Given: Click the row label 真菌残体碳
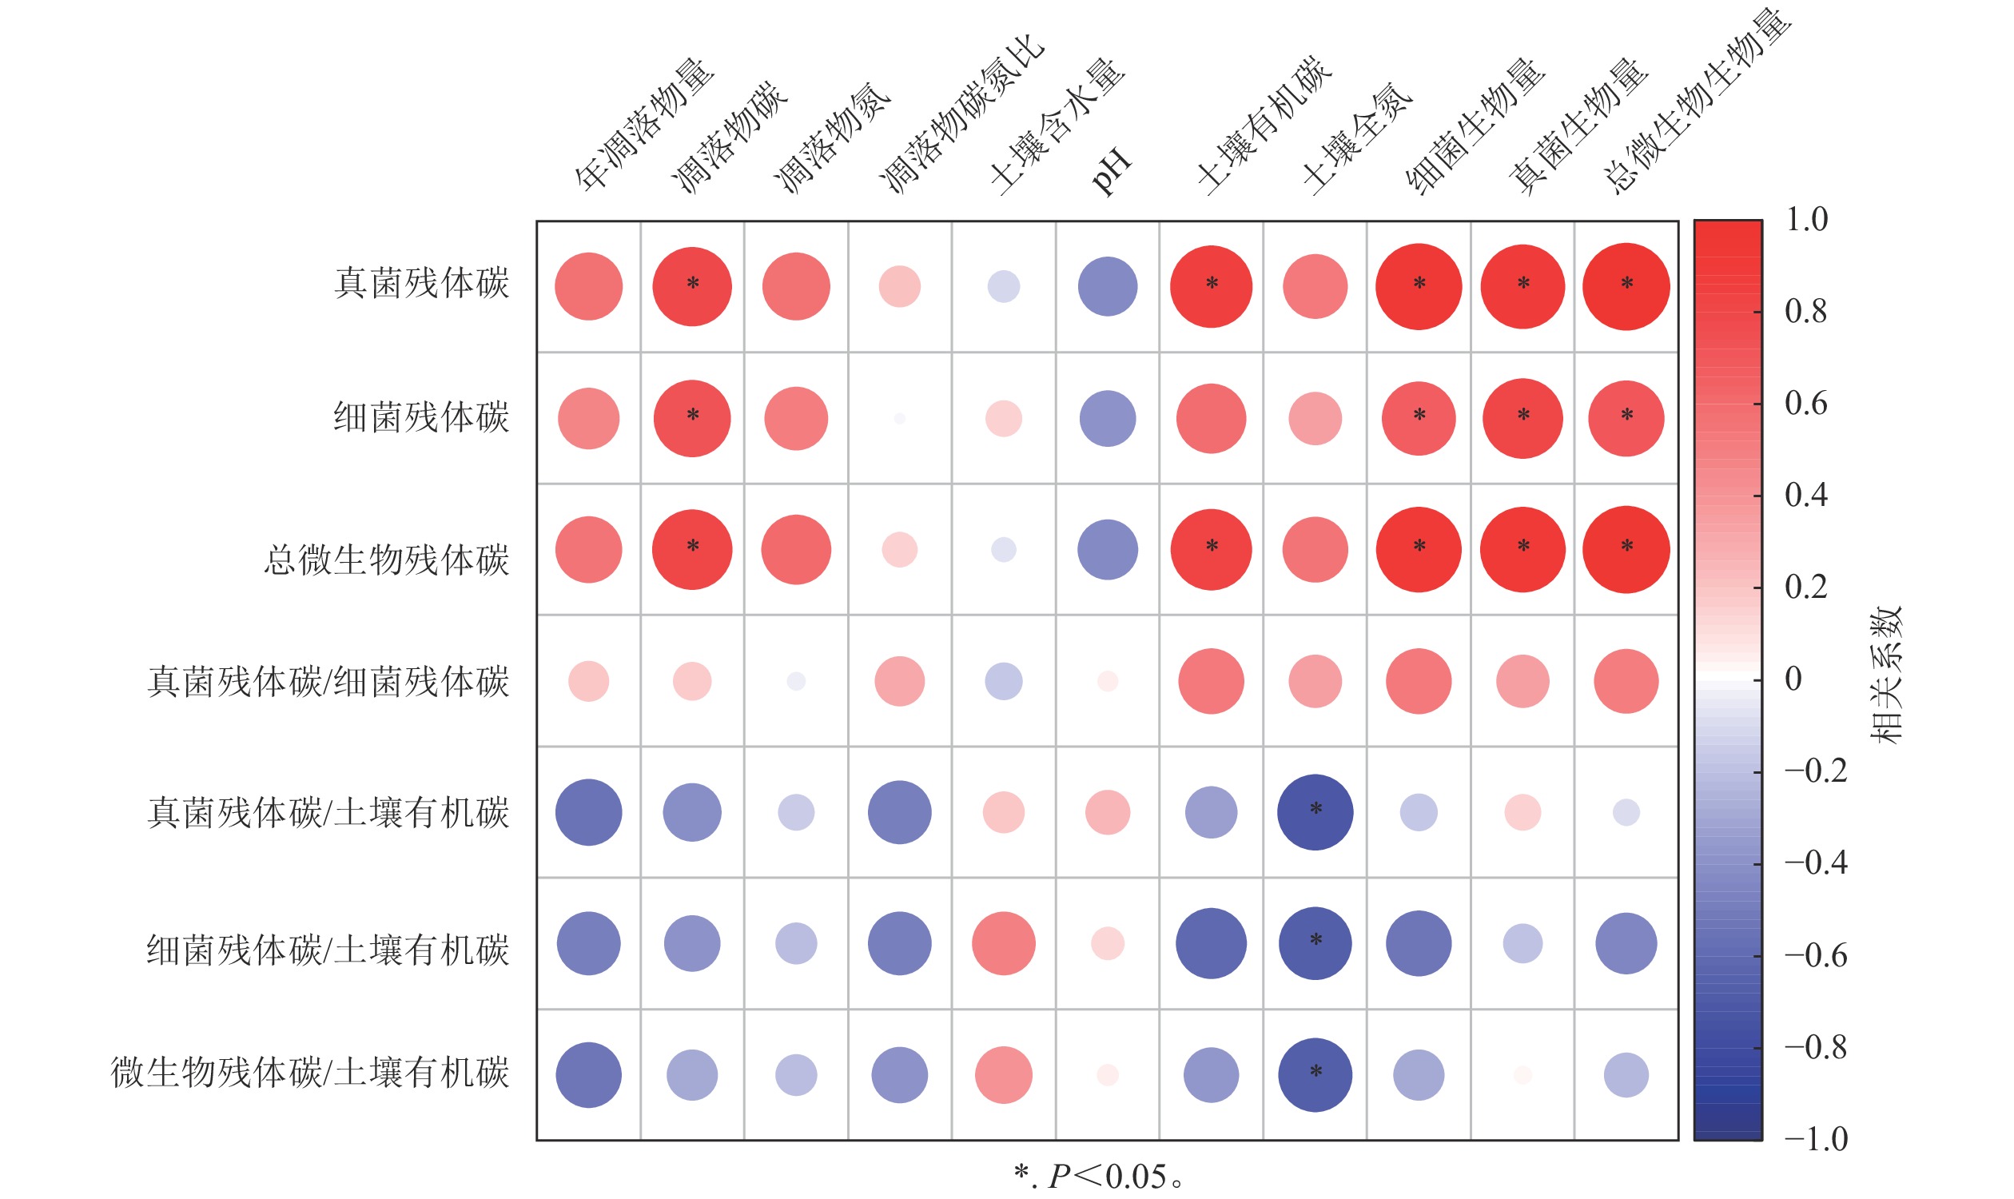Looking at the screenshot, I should point(421,284).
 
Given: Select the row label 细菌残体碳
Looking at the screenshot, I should point(421,418).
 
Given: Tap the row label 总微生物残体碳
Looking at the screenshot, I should point(386,560).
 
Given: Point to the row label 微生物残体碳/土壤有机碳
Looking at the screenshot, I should point(309,1073).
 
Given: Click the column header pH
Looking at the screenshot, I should point(1112,171).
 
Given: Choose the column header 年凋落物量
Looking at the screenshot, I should point(645,125).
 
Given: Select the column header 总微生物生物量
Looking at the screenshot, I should point(1697,101).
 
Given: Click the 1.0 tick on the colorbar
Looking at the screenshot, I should point(1806,220).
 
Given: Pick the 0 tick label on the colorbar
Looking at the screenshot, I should point(1793,679).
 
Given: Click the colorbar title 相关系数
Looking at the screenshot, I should point(1887,675).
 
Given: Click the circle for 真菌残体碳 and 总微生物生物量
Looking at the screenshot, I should point(1626,287).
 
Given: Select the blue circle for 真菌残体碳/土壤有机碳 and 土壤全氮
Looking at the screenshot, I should point(1315,812).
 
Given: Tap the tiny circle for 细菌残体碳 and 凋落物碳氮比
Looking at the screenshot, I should point(899,419).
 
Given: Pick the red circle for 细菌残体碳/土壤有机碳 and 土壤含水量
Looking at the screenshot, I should point(1003,944).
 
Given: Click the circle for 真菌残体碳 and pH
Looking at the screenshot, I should point(1107,287).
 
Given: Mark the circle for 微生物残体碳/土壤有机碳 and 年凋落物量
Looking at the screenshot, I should point(588,1075).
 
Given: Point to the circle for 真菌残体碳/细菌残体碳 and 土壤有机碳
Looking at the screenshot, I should point(1210,681).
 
